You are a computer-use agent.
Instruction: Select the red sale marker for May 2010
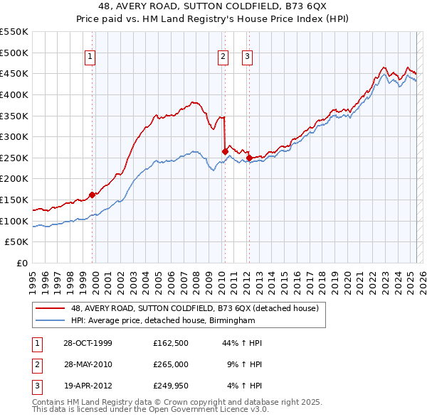point(225,151)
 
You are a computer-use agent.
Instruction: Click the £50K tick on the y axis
point(17,242)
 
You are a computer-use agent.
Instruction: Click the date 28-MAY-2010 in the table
point(88,364)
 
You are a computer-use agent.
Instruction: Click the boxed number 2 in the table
point(36,365)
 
